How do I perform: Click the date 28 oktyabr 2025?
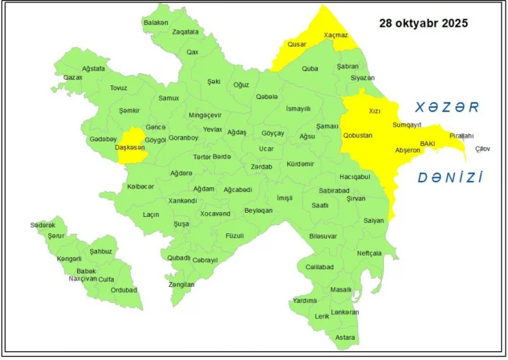pos(423,23)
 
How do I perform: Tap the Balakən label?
pos(155,22)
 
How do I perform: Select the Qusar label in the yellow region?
pos(297,44)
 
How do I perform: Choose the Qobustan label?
pos(358,135)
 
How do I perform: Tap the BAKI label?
pos(427,144)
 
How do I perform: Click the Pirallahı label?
pos(461,136)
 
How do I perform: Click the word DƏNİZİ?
pos(450,178)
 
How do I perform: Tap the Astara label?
pos(345,337)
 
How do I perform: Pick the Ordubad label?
pos(124,290)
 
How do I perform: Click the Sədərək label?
pos(42,225)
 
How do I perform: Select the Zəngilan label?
pos(182,285)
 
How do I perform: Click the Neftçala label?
pos(370,253)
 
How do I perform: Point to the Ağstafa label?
pos(93,69)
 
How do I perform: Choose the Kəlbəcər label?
pos(140,186)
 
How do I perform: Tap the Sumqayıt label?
pos(407,125)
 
